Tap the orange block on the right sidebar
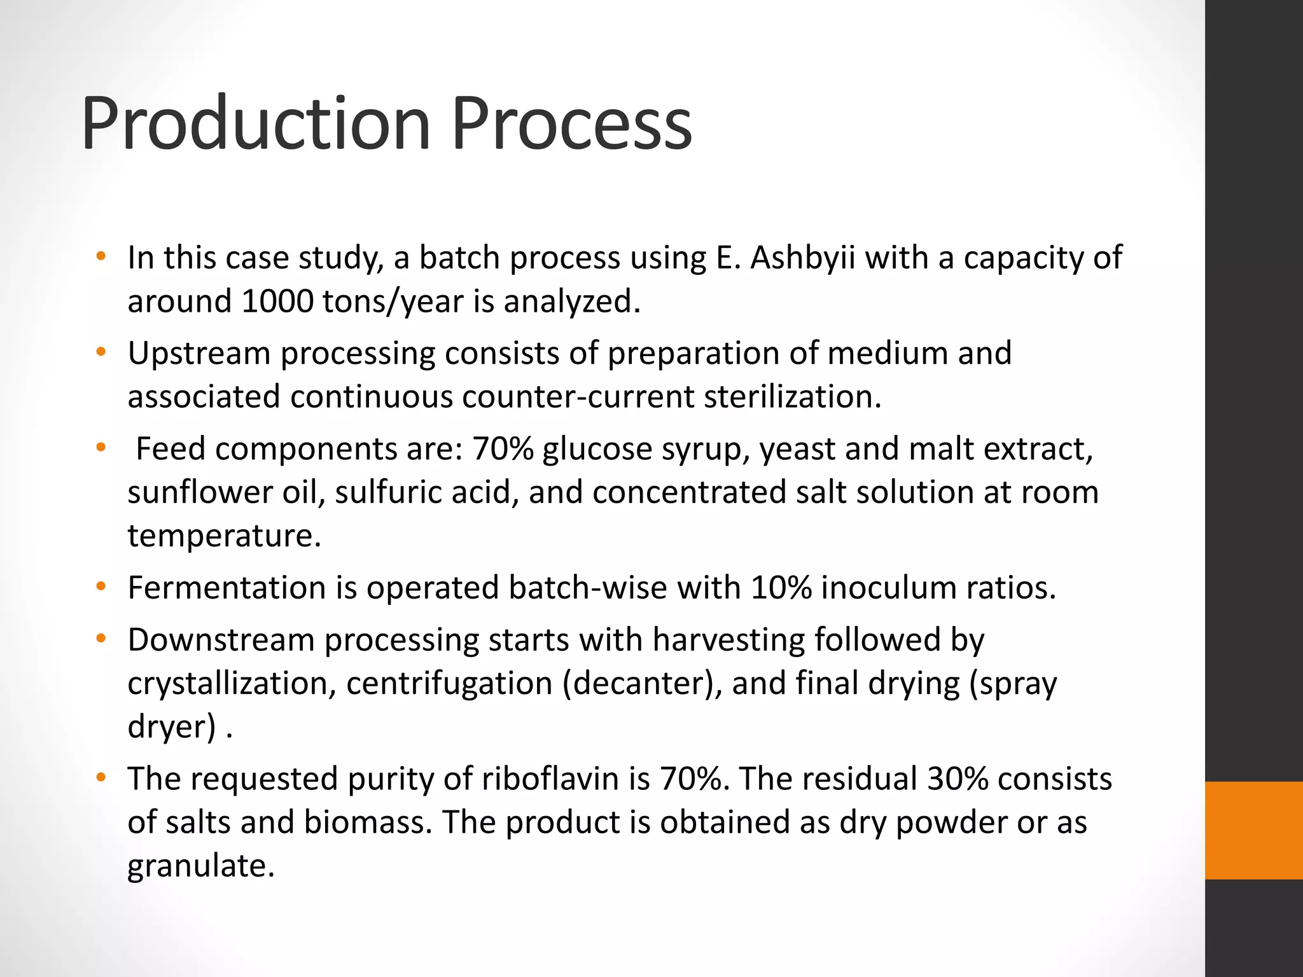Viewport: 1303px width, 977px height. coord(1253,830)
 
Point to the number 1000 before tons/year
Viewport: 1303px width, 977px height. coord(277,301)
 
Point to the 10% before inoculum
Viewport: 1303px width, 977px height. coord(781,588)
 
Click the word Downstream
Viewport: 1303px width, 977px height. coord(221,640)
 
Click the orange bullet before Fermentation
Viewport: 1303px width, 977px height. coord(101,586)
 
